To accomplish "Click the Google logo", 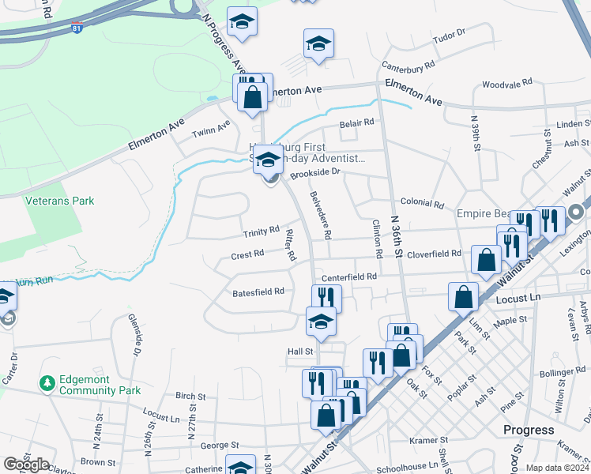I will [26, 465].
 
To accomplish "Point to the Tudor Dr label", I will [450, 36].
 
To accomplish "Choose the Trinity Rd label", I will [262, 231].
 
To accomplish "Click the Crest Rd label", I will [247, 255].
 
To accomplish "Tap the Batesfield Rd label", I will [258, 292].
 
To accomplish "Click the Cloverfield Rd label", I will [434, 254].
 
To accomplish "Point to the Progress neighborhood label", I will [529, 430].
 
